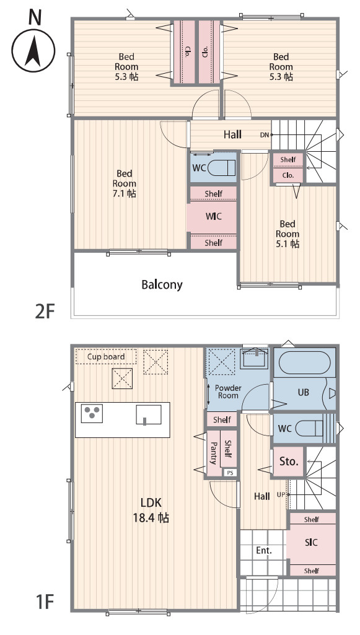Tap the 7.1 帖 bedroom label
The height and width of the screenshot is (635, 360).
pos(125,183)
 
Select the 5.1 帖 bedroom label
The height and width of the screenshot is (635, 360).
pos(288,234)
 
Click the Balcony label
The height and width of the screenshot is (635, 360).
pos(162,285)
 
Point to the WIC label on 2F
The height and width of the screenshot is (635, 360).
pos(213,216)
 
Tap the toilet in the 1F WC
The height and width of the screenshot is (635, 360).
pos(310,428)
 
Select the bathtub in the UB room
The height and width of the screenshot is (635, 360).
pos(304,362)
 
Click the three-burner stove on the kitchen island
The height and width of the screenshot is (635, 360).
pos(92,413)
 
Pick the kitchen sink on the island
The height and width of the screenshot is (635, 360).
pos(149,414)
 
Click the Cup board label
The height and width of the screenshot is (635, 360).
pos(106,357)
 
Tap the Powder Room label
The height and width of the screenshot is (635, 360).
pos(228,392)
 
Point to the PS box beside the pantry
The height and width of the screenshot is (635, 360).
pos(230,472)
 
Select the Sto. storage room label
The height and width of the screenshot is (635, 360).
pos(289,462)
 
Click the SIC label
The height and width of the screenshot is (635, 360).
pos(312,542)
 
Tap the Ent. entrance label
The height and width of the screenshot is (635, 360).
pos(263,551)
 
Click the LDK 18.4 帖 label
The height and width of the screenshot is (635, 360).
pos(151,510)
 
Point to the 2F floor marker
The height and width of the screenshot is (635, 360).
pos(45,312)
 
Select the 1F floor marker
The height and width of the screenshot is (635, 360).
pos(45,602)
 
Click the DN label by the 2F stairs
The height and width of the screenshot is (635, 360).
pos(265,135)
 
